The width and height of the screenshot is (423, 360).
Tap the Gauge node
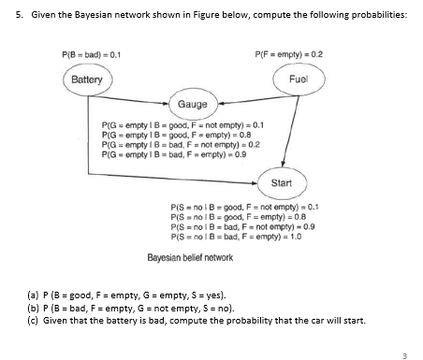pyautogui.click(x=193, y=106)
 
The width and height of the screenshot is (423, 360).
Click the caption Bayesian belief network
pyautogui.click(x=191, y=257)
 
